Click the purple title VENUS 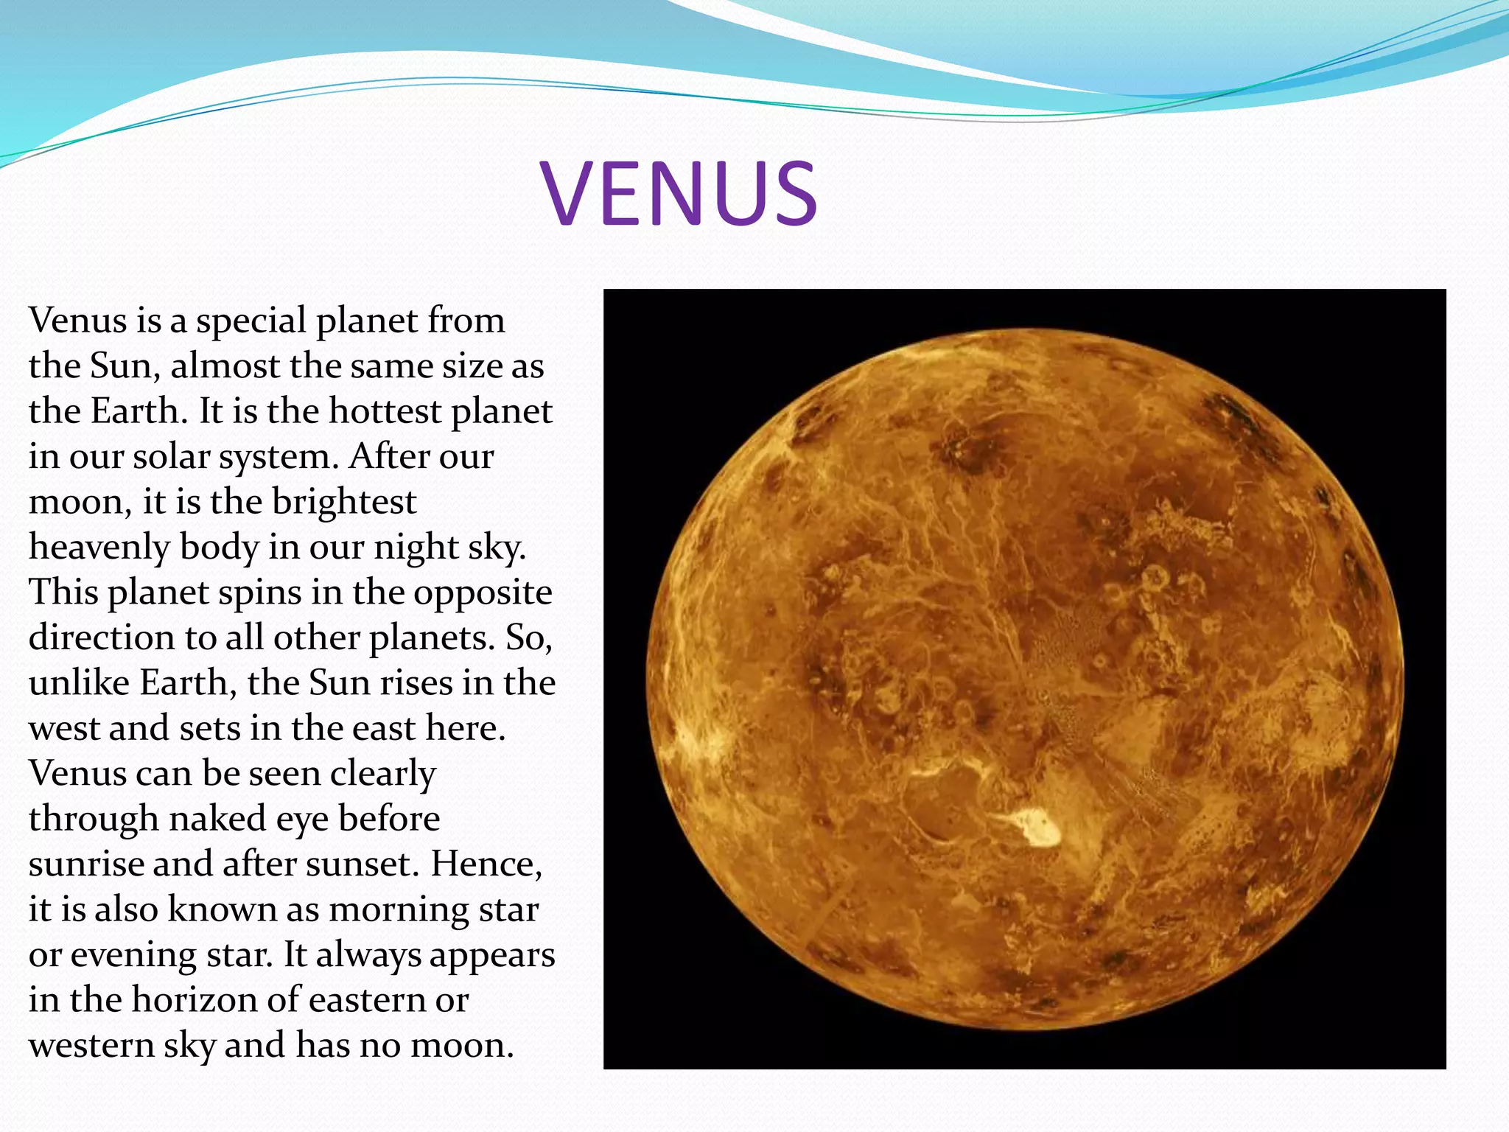[x=679, y=193]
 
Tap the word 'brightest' [x=344, y=502]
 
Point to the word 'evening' [x=133, y=955]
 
